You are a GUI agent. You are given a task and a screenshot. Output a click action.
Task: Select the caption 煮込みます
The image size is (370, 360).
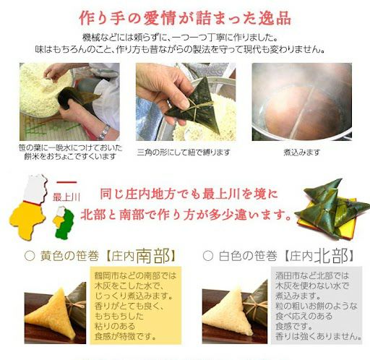(x=301, y=152)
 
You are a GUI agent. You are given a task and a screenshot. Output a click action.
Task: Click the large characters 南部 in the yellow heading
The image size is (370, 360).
(x=163, y=256)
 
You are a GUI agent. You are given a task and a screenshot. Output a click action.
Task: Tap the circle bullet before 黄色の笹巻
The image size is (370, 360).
(x=30, y=257)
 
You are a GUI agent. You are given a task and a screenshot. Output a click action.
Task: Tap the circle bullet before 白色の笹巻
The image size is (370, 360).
(x=207, y=257)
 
